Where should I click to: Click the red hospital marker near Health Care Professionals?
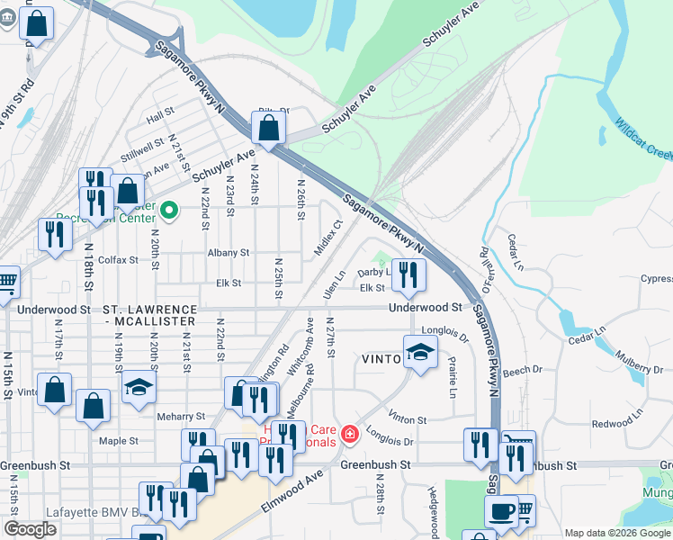pyautogui.click(x=349, y=436)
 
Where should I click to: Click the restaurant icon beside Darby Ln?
pyautogui.click(x=409, y=275)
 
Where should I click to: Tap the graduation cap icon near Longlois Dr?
pyautogui.click(x=419, y=353)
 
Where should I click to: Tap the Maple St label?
pyautogui.click(x=119, y=441)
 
